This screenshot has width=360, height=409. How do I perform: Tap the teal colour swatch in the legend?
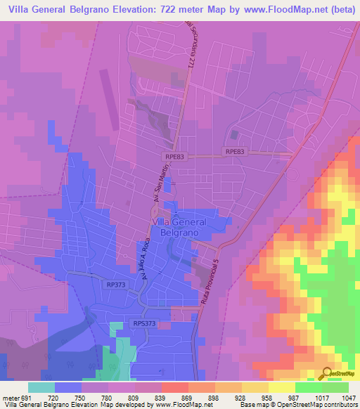pos(41,387)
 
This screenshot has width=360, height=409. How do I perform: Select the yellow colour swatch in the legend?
pos(281,387)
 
